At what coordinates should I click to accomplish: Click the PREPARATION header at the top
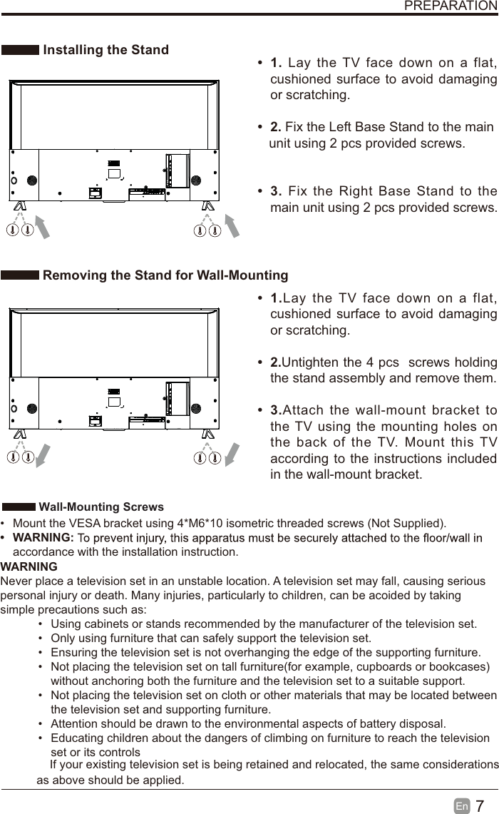451,6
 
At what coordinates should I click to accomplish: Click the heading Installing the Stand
106,50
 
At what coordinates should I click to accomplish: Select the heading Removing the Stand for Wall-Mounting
165,275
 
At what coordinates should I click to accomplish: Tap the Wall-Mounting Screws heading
101,507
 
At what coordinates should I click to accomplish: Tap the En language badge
462,806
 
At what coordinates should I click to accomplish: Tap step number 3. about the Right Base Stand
277,191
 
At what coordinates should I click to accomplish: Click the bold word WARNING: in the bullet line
43,537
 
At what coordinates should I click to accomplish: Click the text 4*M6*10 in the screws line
200,523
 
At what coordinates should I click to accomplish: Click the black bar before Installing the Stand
20,50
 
